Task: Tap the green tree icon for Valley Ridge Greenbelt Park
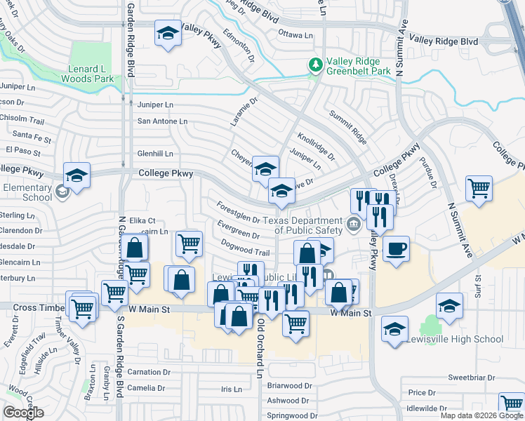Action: [317, 65]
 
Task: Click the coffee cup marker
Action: [396, 248]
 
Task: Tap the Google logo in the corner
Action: [23, 413]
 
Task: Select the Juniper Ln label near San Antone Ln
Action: [155, 105]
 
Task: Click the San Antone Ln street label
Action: [162, 121]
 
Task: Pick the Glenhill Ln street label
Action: [155, 154]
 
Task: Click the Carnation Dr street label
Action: [149, 372]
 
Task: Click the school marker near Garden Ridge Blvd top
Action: [168, 34]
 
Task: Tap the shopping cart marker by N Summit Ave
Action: [479, 188]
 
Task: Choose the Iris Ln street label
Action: [231, 388]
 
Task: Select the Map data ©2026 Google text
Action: [481, 415]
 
